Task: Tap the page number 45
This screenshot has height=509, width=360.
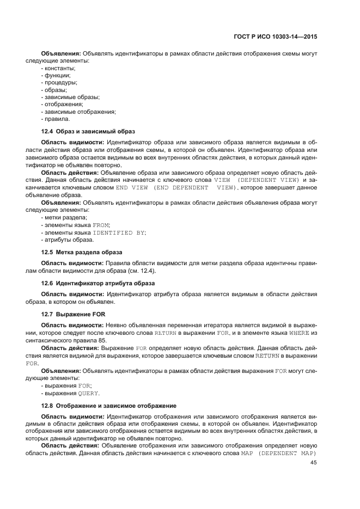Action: [x=313, y=463]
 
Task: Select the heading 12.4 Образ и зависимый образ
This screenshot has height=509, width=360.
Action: [x=88, y=131]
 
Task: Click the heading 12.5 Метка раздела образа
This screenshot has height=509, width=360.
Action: [x=82, y=252]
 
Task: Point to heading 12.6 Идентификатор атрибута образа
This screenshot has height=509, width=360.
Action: [x=98, y=283]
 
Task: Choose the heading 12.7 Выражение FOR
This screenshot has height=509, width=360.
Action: [x=74, y=314]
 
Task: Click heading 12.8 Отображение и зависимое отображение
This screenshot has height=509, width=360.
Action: [x=109, y=406]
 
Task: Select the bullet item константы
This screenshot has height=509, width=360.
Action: [x=59, y=68]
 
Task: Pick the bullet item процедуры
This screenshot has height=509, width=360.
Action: [x=60, y=83]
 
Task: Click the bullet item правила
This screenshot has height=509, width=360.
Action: [x=57, y=118]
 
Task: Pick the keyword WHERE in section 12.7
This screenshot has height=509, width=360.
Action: [x=300, y=332]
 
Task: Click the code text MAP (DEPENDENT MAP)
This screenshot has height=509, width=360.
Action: [x=279, y=453]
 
